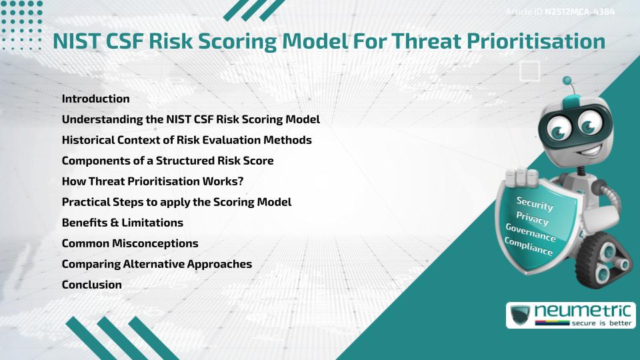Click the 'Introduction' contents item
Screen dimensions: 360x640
click(x=95, y=99)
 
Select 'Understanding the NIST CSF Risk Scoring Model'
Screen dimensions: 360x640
click(x=191, y=119)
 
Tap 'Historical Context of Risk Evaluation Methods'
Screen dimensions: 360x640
click(x=187, y=140)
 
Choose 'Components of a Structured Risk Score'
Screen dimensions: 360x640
click(x=167, y=161)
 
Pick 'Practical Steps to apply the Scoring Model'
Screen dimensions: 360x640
click(x=177, y=202)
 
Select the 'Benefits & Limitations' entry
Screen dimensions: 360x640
click(x=122, y=223)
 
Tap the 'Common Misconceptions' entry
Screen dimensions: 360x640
click(x=130, y=243)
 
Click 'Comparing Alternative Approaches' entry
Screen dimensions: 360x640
click(x=157, y=264)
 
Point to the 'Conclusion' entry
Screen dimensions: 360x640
click(x=92, y=285)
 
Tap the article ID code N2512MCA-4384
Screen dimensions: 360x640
click(x=579, y=12)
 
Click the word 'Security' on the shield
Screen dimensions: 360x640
click(x=534, y=204)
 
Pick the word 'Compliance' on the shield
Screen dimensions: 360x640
click(x=529, y=245)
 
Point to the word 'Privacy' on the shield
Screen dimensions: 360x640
click(x=533, y=218)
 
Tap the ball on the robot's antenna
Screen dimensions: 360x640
click(x=567, y=81)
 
